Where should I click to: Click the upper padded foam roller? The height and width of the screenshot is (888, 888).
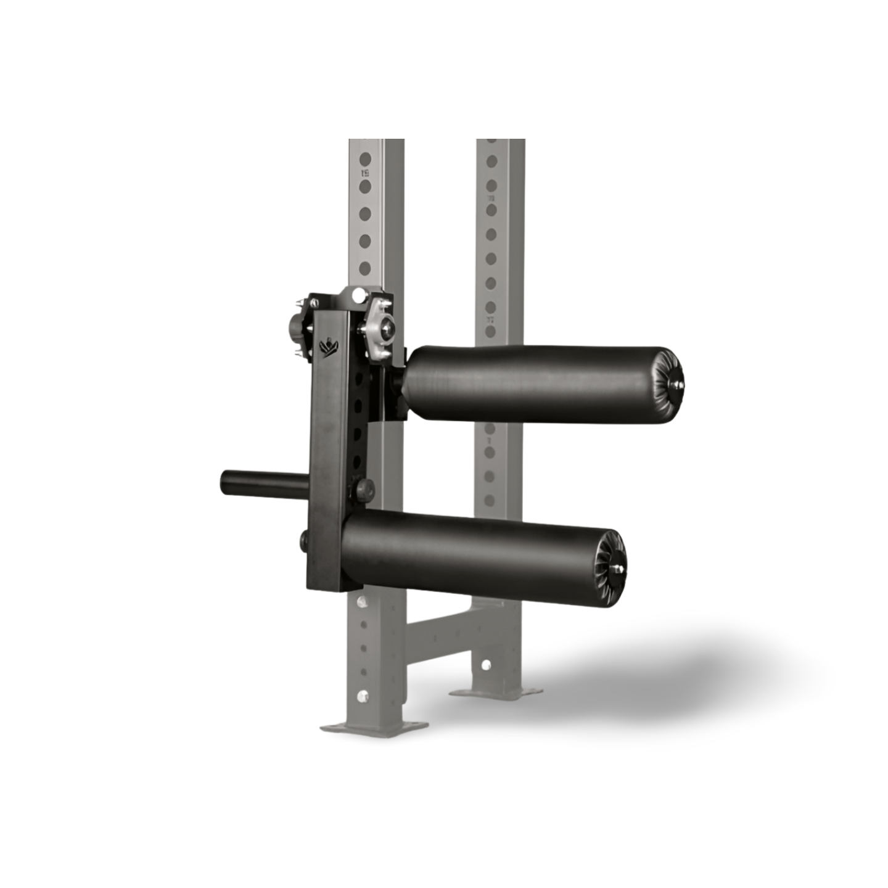[x=536, y=384]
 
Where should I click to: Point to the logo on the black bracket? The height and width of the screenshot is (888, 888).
[x=330, y=347]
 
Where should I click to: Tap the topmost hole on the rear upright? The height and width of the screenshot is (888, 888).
[x=492, y=162]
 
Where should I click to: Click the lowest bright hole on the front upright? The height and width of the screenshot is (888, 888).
[x=362, y=696]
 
